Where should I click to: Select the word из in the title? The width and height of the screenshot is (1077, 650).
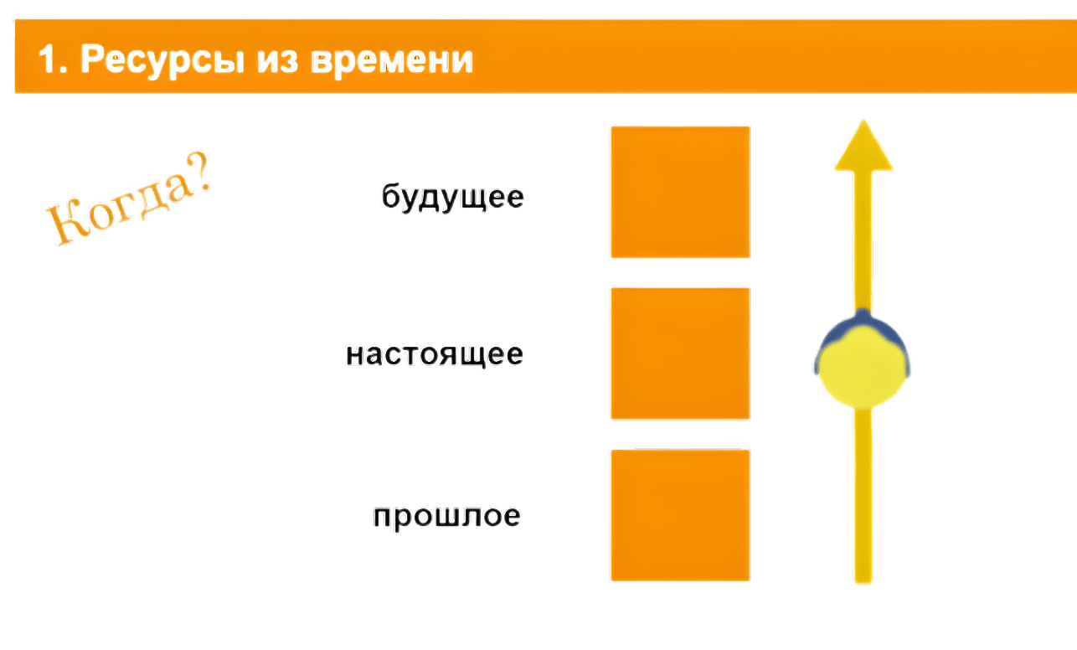[x=274, y=61]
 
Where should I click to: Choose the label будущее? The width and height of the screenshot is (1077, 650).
[x=452, y=198]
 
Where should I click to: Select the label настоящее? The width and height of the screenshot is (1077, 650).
[x=435, y=355]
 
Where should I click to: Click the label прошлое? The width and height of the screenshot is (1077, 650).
[x=447, y=516]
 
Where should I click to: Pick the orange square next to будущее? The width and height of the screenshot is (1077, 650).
[x=679, y=192]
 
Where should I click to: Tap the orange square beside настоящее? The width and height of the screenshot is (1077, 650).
[x=679, y=353]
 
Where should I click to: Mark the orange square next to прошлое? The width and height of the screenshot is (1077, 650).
[x=679, y=514]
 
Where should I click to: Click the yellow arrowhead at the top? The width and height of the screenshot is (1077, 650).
[x=863, y=147]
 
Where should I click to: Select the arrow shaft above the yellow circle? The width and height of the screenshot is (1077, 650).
[x=863, y=243]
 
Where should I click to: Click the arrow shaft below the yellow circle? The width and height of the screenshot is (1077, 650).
[x=863, y=494]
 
